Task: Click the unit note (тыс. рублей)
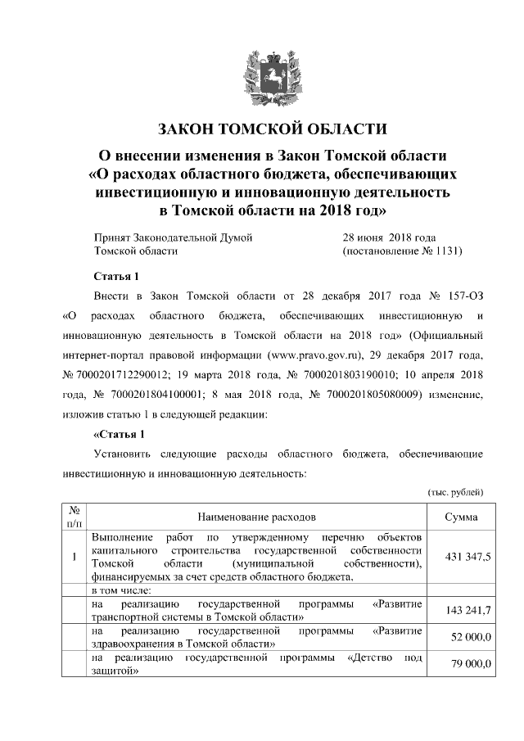pyautogui.click(x=456, y=491)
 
